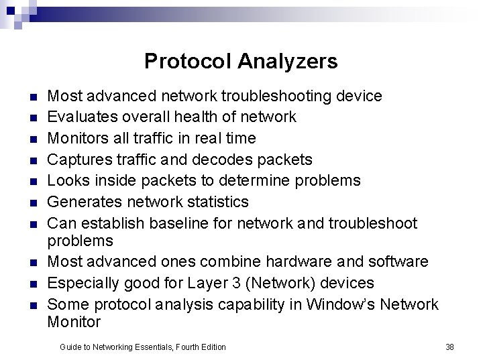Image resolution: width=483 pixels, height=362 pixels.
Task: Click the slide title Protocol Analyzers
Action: [241, 62]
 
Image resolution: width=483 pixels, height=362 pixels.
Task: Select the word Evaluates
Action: [80, 117]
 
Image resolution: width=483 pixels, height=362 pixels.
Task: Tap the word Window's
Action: [340, 304]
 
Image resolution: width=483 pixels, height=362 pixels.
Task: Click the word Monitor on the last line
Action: [74, 322]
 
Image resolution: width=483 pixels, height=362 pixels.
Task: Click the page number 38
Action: [449, 347]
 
